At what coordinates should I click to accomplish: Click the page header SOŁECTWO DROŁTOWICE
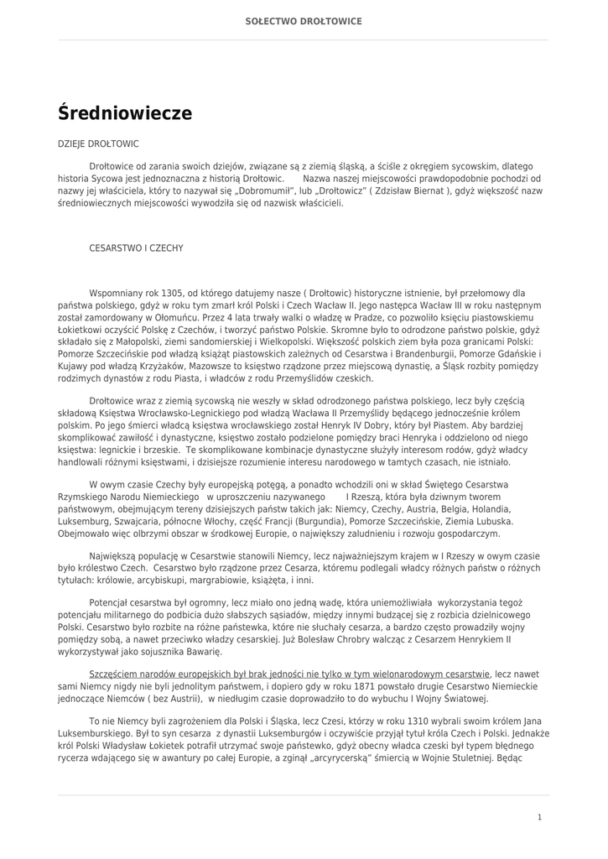304,21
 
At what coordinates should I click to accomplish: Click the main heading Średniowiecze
125,113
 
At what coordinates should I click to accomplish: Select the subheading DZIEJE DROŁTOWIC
98,144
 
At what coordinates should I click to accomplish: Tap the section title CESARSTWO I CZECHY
136,248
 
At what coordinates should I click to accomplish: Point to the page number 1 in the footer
540,817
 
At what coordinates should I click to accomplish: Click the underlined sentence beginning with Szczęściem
289,674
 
